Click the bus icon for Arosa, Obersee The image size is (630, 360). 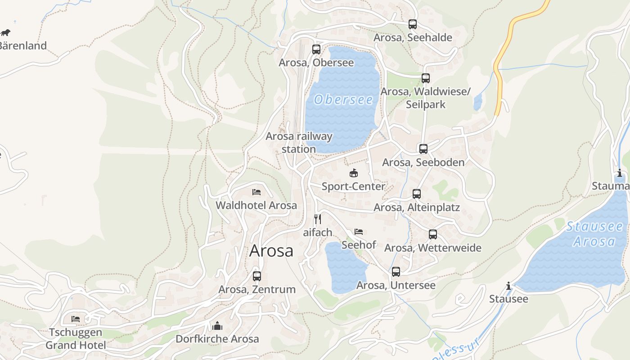click(316, 49)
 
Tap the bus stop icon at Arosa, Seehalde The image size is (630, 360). click(413, 24)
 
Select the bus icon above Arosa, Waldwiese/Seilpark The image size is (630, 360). click(426, 78)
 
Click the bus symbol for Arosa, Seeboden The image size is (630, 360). click(423, 149)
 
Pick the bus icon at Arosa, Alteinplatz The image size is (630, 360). click(417, 194)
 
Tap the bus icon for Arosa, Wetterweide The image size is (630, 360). click(433, 234)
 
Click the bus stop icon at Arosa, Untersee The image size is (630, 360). click(396, 272)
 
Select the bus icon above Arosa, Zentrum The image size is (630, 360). click(257, 276)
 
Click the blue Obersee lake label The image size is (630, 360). click(343, 99)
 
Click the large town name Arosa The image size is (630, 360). click(271, 251)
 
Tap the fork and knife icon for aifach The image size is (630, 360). click(318, 219)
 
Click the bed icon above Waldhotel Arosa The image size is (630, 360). click(256, 192)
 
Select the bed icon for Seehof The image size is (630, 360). click(359, 232)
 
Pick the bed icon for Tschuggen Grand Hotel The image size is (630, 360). click(76, 319)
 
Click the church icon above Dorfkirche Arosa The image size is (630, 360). click(217, 325)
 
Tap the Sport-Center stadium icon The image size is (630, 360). click(354, 173)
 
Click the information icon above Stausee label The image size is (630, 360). click(508, 286)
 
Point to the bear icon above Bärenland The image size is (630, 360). click(5, 32)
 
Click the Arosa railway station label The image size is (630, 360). click(299, 142)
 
